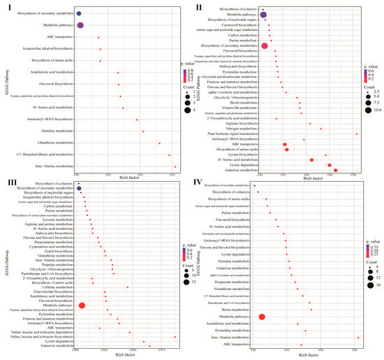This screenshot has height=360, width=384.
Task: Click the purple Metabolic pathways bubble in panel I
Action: pos(80,25)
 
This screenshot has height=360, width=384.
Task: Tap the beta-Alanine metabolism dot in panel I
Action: pos(175,166)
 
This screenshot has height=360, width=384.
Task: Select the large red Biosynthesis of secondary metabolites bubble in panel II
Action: pos(265,46)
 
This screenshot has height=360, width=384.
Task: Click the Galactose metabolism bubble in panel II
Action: pos(336,170)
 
